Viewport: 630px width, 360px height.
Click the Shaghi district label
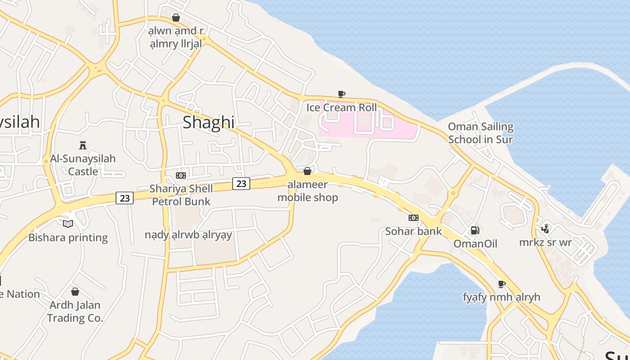(208, 122)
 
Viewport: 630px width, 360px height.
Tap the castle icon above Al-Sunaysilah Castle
(83, 145)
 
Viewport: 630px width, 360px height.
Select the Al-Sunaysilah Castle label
(83, 165)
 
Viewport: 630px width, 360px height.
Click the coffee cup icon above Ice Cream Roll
(342, 94)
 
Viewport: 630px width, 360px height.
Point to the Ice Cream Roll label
(342, 108)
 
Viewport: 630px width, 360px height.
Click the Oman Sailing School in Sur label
(481, 133)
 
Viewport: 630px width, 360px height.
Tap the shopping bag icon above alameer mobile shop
(307, 171)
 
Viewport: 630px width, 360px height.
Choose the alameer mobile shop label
(307, 191)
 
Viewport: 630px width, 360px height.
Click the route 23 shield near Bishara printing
(125, 198)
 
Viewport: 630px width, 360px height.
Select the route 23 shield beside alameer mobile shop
(241, 184)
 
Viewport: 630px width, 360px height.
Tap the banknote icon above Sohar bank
(414, 218)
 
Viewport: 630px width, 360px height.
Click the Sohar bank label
(414, 231)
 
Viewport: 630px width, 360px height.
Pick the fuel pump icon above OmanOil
(475, 230)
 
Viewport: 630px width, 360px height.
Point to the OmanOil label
(475, 243)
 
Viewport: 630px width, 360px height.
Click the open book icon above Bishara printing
(68, 224)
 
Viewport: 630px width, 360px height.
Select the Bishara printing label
(68, 238)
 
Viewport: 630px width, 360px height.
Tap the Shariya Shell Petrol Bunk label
(181, 195)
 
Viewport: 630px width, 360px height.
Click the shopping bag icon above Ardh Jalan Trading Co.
(75, 292)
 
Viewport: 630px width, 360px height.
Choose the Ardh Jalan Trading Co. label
(75, 311)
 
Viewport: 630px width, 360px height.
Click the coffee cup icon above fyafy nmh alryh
(502, 284)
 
